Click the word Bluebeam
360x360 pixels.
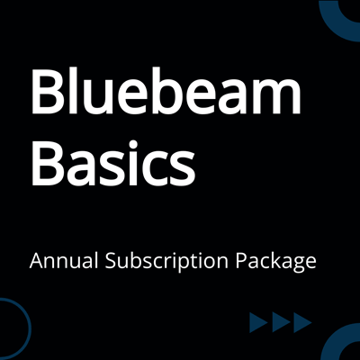pos(165,94)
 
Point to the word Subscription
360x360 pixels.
pos(168,264)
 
